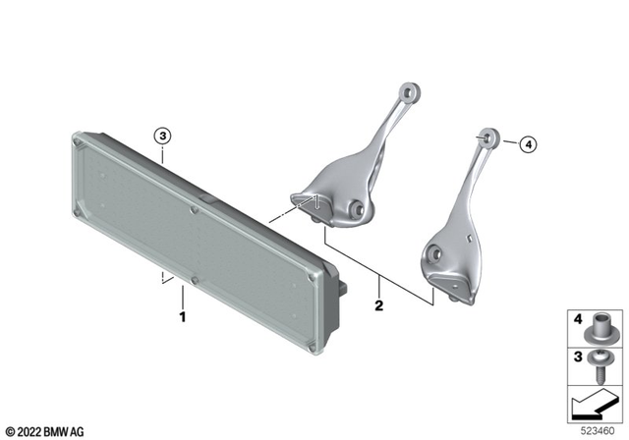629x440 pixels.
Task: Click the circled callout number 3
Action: (x=163, y=137)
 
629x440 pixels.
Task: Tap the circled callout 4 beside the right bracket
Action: (x=529, y=146)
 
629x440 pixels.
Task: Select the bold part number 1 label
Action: (x=182, y=317)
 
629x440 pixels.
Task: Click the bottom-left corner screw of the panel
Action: (x=122, y=349)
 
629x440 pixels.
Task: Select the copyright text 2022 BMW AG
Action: (x=47, y=430)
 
